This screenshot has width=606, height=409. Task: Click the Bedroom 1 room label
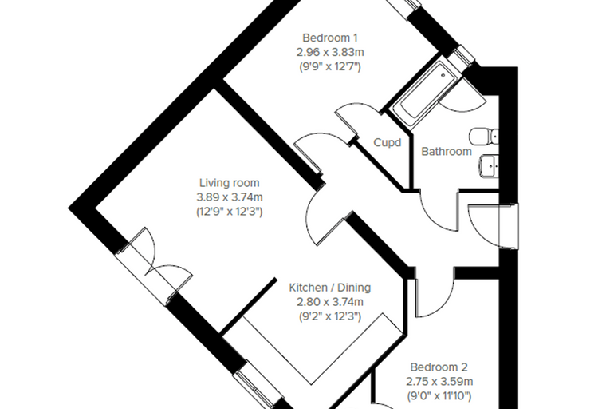(330, 38)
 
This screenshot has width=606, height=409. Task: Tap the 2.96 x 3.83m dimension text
(330, 52)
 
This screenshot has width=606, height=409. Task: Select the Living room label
(230, 183)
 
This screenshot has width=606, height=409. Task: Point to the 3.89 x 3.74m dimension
(230, 197)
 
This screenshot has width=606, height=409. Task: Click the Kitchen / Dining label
(330, 288)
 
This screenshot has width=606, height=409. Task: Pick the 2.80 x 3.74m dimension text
(330, 302)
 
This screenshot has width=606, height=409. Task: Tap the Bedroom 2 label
(439, 367)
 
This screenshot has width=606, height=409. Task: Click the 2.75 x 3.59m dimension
(439, 382)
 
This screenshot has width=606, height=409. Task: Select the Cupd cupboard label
(388, 143)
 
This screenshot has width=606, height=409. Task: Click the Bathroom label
(447, 152)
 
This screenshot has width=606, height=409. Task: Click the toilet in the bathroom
(484, 137)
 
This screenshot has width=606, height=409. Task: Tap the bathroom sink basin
(489, 166)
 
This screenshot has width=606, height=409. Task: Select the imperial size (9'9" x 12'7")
(330, 66)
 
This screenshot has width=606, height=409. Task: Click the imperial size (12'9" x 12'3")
(230, 212)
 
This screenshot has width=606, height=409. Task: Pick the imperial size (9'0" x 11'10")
(439, 396)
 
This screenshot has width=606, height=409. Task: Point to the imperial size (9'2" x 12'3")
(330, 316)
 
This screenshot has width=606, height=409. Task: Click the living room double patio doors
(155, 267)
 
